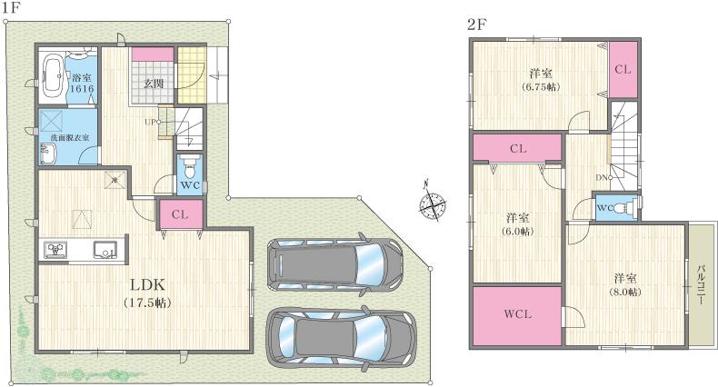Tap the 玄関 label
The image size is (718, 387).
(151, 84)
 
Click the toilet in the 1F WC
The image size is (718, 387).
(189, 169)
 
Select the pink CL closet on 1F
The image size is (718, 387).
(180, 215)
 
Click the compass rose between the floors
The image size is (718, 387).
(433, 203)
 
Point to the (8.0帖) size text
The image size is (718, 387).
(625, 292)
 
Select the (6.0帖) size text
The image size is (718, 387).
(517, 232)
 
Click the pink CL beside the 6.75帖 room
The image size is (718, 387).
(623, 70)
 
